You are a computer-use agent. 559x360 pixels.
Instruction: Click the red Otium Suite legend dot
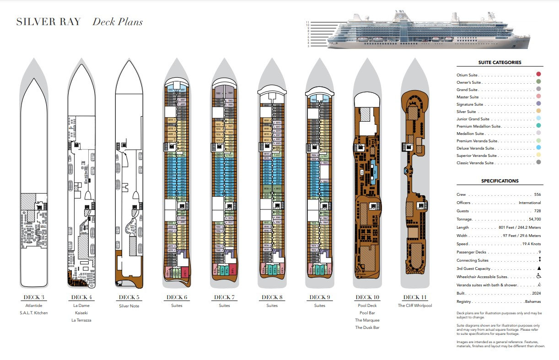pos(539,75)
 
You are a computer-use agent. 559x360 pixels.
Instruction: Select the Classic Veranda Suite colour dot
pos(539,163)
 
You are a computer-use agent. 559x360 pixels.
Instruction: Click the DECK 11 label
pos(414,298)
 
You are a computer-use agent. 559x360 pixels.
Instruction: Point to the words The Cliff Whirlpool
pos(414,306)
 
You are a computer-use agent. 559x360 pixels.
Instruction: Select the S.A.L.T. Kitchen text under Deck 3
pos(33,313)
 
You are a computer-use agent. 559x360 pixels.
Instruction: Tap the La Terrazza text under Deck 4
pos(81,320)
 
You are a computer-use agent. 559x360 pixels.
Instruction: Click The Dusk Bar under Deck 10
pos(367,328)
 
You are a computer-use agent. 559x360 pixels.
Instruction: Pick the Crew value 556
pos(537,194)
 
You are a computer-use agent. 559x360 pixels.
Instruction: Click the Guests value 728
pos(537,211)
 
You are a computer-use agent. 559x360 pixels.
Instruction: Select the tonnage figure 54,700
pos(534,219)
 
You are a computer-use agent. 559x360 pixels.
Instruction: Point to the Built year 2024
pos(536,293)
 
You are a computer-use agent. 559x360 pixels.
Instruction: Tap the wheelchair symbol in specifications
pos(538,276)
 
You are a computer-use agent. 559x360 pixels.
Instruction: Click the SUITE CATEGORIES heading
pos(500,63)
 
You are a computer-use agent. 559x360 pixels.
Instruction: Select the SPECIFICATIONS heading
pos(500,181)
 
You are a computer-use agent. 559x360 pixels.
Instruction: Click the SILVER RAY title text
pos(48,22)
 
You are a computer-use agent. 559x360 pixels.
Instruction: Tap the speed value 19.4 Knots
pos(531,244)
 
